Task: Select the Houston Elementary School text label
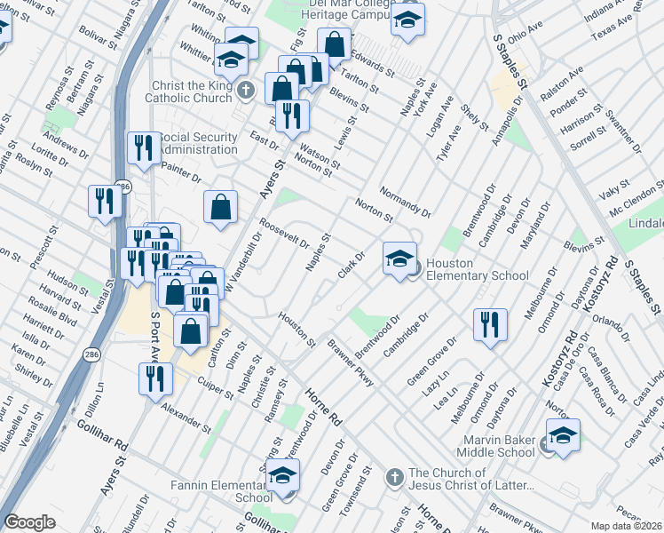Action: click(x=477, y=269)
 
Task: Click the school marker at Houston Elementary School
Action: click(x=399, y=259)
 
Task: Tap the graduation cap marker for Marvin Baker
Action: click(x=563, y=435)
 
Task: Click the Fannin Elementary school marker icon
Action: click(x=283, y=476)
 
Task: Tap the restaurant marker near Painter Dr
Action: click(x=144, y=148)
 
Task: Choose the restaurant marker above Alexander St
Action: click(x=155, y=378)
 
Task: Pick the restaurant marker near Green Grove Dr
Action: click(x=489, y=325)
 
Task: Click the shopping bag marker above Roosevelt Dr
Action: click(x=220, y=207)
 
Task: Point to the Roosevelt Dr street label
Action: click(x=284, y=232)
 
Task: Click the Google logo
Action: click(x=29, y=522)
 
